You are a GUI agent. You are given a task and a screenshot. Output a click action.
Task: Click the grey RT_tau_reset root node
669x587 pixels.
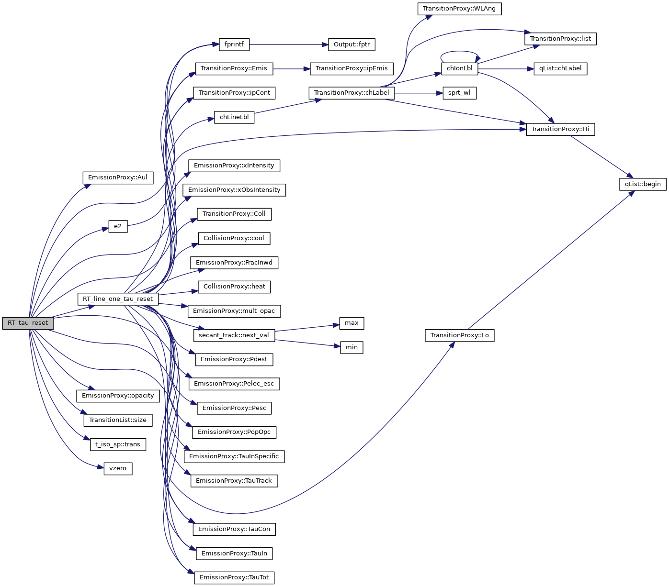coord(28,323)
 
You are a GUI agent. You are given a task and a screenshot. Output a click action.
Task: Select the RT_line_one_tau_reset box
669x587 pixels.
coord(118,299)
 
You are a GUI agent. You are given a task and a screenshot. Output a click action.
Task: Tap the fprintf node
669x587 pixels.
coord(234,44)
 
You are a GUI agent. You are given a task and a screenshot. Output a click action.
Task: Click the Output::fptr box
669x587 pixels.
coord(352,44)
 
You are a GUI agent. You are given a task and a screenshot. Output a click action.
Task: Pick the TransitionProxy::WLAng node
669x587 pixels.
coord(459,9)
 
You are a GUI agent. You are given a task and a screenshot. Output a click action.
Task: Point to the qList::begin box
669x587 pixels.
coord(643,184)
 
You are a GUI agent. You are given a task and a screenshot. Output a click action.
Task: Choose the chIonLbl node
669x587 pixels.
coord(459,68)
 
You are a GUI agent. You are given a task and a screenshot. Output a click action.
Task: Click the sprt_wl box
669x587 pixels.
coord(459,93)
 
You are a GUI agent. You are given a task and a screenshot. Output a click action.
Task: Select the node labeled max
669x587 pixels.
coord(352,323)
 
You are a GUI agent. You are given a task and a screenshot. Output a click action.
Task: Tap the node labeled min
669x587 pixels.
coord(352,347)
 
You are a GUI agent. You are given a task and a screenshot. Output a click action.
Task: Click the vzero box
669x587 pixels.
coord(118,468)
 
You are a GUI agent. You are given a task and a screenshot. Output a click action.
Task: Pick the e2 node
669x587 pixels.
coord(118,226)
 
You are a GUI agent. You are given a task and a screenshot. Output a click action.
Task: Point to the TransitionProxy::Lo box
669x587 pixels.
coord(459,335)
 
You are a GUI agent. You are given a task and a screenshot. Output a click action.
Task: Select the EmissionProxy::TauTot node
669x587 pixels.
coord(234,577)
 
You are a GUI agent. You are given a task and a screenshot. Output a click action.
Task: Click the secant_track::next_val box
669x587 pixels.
coord(234,335)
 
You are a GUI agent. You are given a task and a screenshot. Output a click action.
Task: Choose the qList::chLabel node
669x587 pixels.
coord(560,68)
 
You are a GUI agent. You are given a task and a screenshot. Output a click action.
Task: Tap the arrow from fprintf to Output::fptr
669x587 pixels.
coord(287,44)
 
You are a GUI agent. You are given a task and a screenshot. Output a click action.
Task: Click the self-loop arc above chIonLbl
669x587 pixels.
coord(460,51)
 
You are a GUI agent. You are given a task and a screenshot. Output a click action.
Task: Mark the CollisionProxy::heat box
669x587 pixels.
coord(234,287)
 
